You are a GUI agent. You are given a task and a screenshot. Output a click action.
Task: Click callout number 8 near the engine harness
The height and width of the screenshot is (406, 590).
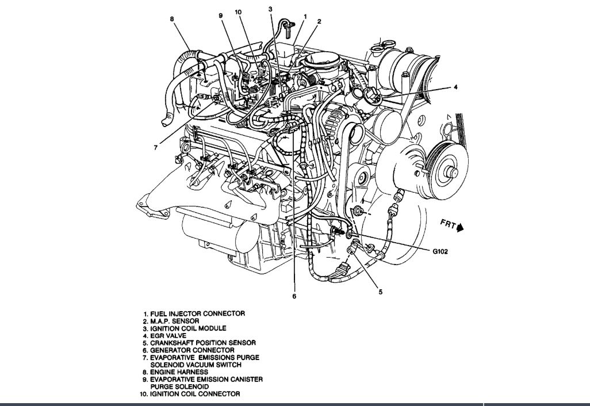pyautogui.click(x=171, y=20)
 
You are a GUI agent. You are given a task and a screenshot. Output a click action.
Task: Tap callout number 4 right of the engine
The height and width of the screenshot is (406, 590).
pyautogui.click(x=455, y=87)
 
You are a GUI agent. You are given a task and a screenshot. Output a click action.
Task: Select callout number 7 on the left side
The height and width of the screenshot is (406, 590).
pyautogui.click(x=155, y=148)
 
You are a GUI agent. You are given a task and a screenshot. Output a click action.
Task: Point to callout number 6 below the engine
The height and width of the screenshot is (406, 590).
pyautogui.click(x=293, y=297)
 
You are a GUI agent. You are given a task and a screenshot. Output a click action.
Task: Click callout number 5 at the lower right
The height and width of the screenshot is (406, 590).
pyautogui.click(x=380, y=292)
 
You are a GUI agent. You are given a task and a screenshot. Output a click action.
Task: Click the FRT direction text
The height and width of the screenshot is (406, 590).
pyautogui.click(x=449, y=223)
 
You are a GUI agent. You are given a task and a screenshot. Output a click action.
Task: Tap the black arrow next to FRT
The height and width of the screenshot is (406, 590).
pyautogui.click(x=460, y=228)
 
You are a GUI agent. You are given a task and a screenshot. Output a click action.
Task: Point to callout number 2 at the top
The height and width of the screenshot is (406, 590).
pyautogui.click(x=319, y=21)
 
